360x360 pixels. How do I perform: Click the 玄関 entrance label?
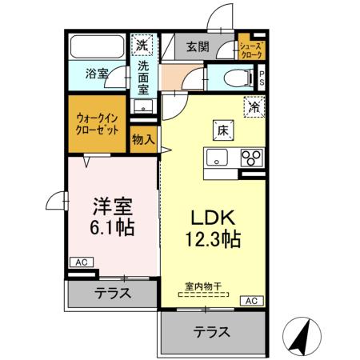tap(198, 47)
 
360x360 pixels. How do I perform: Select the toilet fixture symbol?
tap(234, 78)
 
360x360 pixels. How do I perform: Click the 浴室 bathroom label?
tap(98, 74)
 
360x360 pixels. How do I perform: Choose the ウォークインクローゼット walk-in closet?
tap(98, 123)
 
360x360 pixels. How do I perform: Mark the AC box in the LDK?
tap(250, 300)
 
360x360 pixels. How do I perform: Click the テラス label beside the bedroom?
tap(114, 293)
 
